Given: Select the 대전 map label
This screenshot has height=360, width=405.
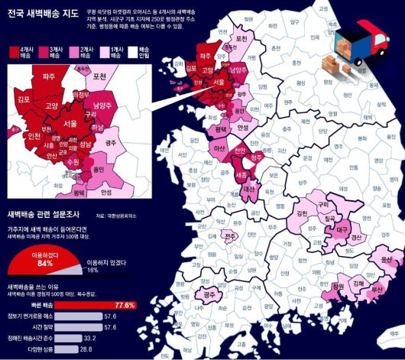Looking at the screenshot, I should [x=249, y=188].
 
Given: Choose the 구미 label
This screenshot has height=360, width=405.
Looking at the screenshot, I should [x=324, y=205].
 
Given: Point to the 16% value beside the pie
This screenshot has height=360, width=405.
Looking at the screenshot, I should [x=92, y=270].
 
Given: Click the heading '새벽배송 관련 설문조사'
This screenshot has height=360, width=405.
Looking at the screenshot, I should [x=45, y=215].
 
